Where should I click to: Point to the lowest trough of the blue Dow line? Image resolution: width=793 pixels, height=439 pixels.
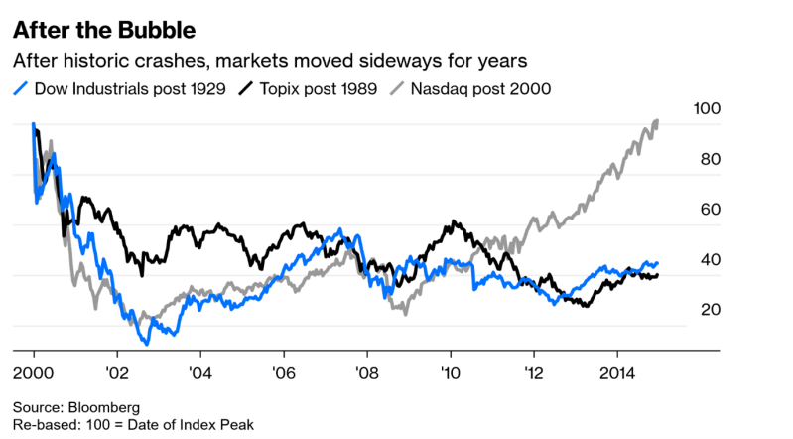click(x=146, y=344)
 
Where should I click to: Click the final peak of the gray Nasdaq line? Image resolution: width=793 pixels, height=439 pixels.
click(x=657, y=121)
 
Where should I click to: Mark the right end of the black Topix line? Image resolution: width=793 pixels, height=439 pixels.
click(x=658, y=275)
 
